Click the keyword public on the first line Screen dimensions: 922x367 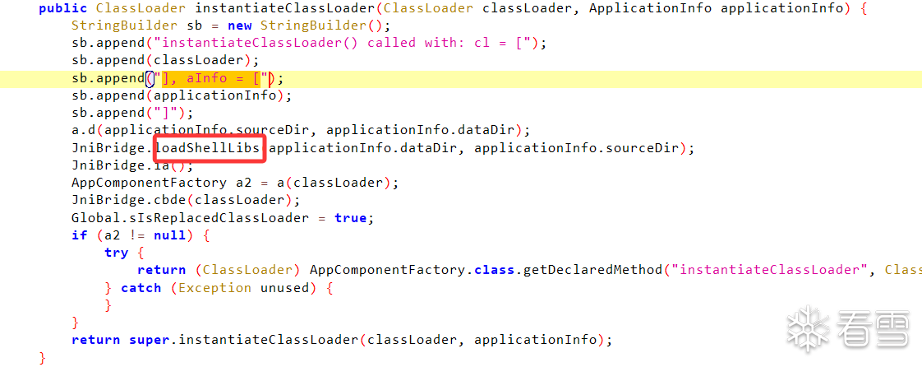click(x=63, y=9)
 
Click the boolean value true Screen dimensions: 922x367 click(x=350, y=218)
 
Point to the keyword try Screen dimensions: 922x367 click(x=117, y=253)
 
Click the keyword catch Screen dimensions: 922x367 click(x=141, y=288)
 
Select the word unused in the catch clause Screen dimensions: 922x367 click(x=284, y=288)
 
